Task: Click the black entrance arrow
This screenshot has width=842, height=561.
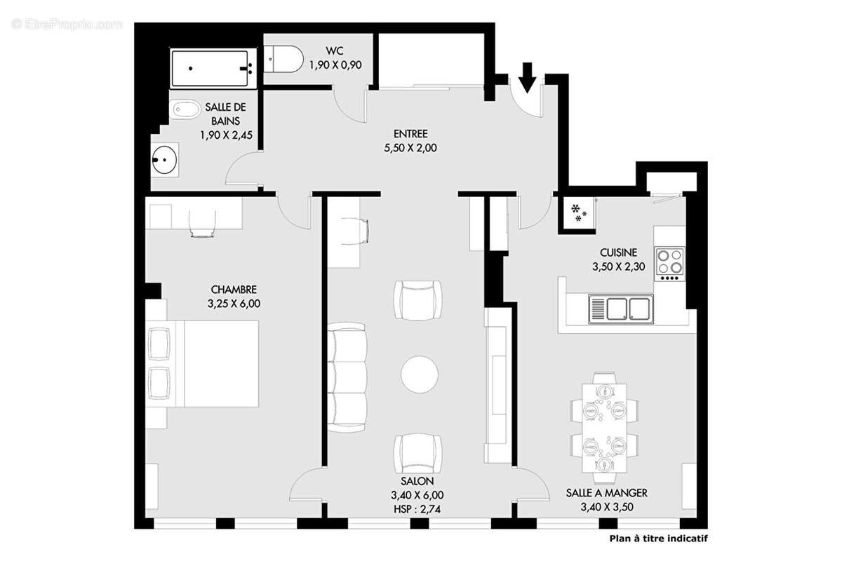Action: point(527,77)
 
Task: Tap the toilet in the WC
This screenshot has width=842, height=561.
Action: point(283,60)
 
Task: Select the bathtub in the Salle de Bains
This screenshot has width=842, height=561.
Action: point(213,69)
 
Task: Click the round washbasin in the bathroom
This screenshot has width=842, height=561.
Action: point(165,160)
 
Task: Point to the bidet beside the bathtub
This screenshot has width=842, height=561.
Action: point(187,109)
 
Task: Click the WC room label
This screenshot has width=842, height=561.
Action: point(334,50)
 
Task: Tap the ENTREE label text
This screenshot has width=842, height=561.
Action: point(410,134)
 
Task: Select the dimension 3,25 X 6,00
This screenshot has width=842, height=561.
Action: point(234,303)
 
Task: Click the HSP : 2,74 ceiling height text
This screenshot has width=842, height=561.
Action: point(417,509)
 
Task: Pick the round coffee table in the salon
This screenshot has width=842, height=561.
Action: point(420,374)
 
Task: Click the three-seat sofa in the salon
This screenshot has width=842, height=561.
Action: point(347,377)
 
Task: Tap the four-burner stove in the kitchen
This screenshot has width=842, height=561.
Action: point(669,264)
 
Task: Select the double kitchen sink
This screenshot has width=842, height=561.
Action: point(620,309)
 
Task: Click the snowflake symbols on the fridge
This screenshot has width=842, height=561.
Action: point(578,212)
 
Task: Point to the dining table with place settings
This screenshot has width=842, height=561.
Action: point(604,428)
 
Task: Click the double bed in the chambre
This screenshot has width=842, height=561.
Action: point(203,364)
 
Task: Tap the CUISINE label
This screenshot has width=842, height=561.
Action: point(618,252)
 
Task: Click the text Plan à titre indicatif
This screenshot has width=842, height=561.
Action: point(659,539)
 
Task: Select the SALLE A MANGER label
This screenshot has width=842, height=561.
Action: point(607,493)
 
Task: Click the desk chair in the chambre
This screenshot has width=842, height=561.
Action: point(203,224)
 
